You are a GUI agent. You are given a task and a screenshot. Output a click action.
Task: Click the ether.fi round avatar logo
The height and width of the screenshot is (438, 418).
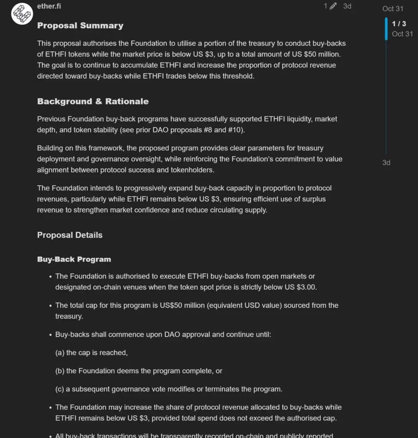(22, 14)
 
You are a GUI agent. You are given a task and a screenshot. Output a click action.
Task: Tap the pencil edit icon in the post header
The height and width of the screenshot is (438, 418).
(333, 6)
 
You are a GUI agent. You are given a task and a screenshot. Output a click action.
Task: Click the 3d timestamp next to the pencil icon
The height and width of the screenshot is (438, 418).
(347, 6)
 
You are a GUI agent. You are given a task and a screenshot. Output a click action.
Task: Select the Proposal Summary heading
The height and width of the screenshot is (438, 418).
(80, 26)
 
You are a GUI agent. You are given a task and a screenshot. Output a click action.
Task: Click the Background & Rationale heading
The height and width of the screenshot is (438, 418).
(93, 101)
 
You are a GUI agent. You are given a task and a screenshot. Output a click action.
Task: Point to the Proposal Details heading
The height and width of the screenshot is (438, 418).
(70, 235)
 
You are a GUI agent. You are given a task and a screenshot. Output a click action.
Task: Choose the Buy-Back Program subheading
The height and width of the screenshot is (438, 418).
(74, 259)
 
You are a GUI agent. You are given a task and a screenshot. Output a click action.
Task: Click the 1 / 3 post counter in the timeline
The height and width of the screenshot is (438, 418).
(399, 24)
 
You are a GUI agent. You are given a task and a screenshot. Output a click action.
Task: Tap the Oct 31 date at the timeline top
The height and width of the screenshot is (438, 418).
(393, 9)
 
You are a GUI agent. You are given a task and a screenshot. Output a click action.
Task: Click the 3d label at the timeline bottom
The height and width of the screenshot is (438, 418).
(386, 163)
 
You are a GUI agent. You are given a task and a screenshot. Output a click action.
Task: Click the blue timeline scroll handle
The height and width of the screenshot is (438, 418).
(386, 29)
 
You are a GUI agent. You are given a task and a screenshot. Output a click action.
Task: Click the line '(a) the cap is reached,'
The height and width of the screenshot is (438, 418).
(91, 353)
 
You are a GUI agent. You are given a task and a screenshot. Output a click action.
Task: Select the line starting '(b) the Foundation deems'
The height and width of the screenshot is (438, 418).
(139, 371)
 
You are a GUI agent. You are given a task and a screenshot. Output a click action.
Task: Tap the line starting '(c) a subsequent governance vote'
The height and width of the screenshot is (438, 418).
(169, 389)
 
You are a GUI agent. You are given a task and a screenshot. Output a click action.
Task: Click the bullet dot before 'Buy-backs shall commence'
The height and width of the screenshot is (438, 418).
(51, 335)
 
